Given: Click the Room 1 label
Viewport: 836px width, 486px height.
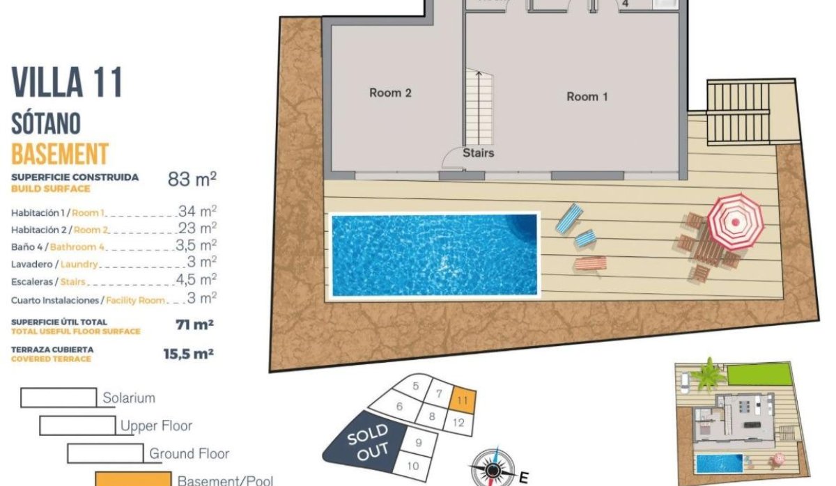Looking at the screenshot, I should point(587,97).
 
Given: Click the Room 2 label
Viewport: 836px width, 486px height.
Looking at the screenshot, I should point(390,93).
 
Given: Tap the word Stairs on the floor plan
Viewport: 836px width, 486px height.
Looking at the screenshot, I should point(479,152).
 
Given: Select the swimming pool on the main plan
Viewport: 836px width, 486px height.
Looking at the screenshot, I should point(435,255).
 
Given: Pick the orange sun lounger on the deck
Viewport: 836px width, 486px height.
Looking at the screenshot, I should point(590,263).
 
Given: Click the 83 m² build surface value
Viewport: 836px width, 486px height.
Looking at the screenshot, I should point(192,179).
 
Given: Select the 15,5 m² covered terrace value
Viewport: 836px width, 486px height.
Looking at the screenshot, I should point(188,354).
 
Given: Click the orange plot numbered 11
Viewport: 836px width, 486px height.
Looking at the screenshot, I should point(463,400).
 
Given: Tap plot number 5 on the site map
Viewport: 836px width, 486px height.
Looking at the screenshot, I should point(415,386).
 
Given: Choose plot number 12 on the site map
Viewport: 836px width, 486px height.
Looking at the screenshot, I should point(458,422).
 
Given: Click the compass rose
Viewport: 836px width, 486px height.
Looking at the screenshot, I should point(493,469).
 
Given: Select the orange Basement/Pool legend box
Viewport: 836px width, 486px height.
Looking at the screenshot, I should point(133,479).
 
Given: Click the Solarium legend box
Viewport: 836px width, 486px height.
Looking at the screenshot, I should point(59,398).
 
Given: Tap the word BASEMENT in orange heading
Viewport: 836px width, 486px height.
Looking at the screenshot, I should point(60,153).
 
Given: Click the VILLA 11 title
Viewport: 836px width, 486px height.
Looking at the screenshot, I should point(68,83).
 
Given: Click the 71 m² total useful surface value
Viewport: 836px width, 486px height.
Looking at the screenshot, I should point(194,324).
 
